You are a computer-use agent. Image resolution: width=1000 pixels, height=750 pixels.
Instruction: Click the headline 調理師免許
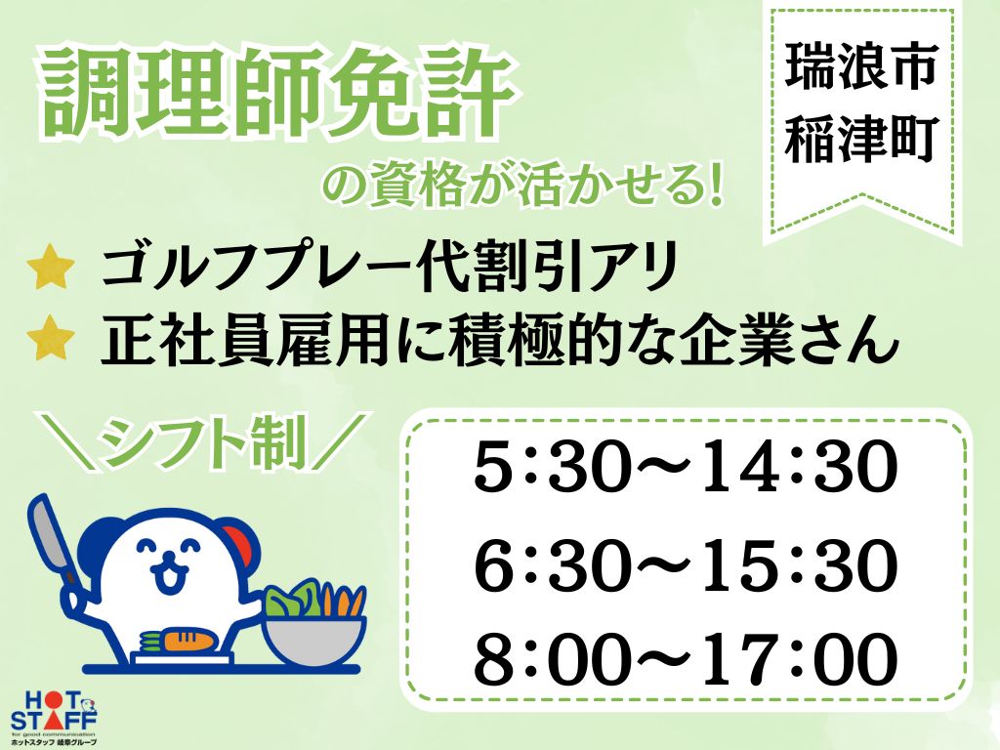(x=278, y=96)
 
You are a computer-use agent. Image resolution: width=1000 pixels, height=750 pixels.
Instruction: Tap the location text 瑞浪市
(x=860, y=65)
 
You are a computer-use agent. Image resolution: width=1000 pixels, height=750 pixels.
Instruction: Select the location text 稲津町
(x=860, y=139)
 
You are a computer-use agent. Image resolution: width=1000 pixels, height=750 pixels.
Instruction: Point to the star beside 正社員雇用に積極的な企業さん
(x=52, y=341)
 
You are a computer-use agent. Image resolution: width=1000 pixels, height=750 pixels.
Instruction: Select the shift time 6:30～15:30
(x=686, y=563)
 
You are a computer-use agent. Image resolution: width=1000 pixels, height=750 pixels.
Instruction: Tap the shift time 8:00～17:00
(x=686, y=659)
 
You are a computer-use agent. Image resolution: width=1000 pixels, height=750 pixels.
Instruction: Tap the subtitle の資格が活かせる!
(x=524, y=185)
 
